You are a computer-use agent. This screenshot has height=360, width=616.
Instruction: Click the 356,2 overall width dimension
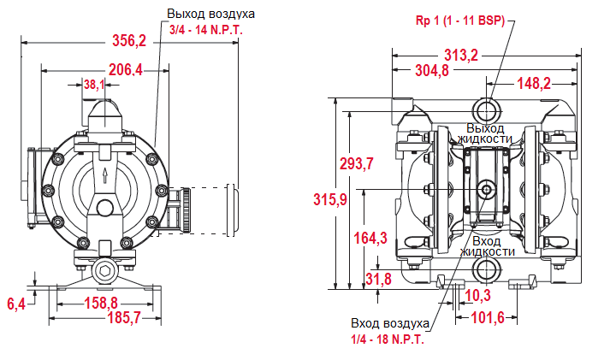(130, 40)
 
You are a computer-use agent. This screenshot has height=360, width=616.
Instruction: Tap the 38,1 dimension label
(94, 85)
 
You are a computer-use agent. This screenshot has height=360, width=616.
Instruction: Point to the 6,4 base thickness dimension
(16, 303)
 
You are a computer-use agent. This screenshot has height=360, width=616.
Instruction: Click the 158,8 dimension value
(101, 303)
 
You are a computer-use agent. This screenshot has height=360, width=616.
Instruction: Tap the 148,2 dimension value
(533, 83)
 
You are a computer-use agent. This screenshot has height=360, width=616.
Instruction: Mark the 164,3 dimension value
(370, 239)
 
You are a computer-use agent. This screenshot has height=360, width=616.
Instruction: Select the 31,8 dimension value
(376, 279)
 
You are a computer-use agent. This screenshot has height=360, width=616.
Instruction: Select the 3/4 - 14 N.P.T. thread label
(206, 29)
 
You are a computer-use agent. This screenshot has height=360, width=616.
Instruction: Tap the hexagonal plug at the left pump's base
(105, 273)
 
